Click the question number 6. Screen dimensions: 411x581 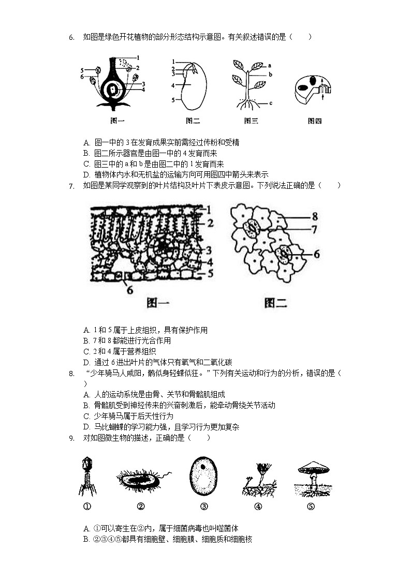pos(71,37)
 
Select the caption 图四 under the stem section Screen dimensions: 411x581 pos(315,121)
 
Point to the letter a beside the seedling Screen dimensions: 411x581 pos(270,66)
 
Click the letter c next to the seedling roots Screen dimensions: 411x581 pos(270,103)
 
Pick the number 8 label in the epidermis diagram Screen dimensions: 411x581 pos(315,217)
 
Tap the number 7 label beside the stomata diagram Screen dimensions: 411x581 pos(315,229)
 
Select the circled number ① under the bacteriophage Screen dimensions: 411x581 pos(87,506)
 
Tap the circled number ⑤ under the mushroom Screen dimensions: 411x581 pos(311,506)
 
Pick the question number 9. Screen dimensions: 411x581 pos(71,438)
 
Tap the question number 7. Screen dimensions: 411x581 pos(71,186)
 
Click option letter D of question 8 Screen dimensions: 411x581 pos(86,427)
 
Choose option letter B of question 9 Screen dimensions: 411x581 pos(86,540)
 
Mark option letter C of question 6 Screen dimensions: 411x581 pos(86,164)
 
